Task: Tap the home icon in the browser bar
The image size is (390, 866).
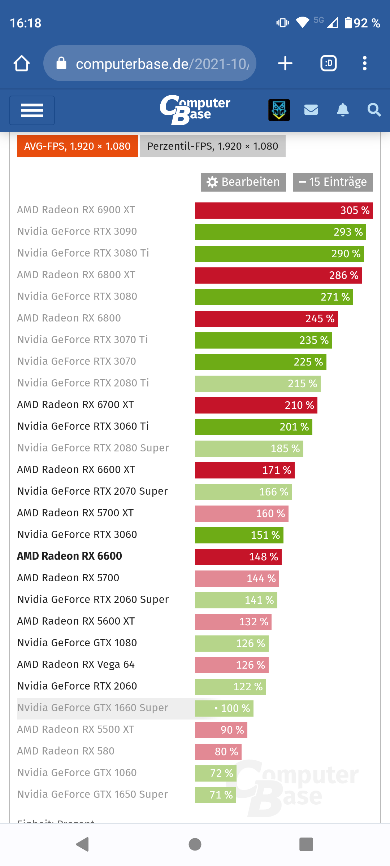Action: pyautogui.click(x=22, y=64)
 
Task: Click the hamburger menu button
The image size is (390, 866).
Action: pyautogui.click(x=32, y=110)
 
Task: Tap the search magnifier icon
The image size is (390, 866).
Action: pyautogui.click(x=374, y=110)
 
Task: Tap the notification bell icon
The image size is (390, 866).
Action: pyautogui.click(x=343, y=110)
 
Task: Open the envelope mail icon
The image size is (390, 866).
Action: pyautogui.click(x=311, y=110)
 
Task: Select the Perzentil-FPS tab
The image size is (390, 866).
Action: pyautogui.click(x=212, y=146)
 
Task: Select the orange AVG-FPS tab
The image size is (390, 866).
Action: pyautogui.click(x=77, y=146)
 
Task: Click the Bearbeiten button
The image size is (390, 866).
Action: pyautogui.click(x=243, y=182)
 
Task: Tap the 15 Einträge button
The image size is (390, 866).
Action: pyautogui.click(x=333, y=182)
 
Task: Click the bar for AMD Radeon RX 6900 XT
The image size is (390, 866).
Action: pyautogui.click(x=284, y=210)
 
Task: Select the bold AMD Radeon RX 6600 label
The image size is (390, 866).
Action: pyautogui.click(x=70, y=556)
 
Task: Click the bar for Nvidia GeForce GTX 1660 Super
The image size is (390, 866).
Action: pyautogui.click(x=224, y=708)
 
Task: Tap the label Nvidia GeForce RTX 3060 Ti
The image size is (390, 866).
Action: pyautogui.click(x=83, y=426)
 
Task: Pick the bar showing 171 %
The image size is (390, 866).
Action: pyautogui.click(x=245, y=470)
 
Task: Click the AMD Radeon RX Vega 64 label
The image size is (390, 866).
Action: pyautogui.click(x=76, y=664)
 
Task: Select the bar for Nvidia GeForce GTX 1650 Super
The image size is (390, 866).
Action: pyautogui.click(x=216, y=795)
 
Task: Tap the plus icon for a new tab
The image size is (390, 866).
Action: pyautogui.click(x=285, y=64)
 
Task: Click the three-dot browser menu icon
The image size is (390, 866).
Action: pyautogui.click(x=365, y=64)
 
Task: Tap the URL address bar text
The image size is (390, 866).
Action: pyautogui.click(x=162, y=64)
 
